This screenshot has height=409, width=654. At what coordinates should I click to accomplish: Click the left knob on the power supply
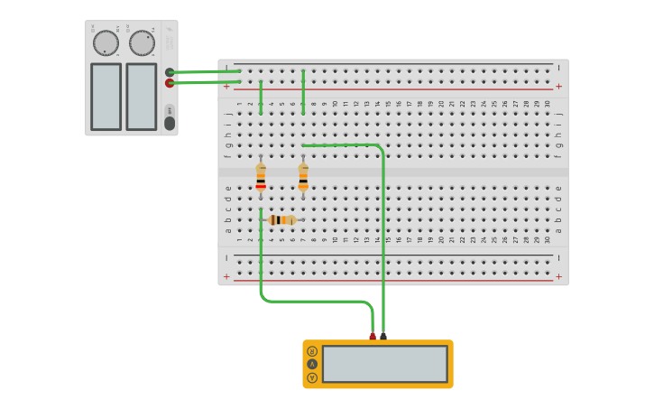pyautogui.click(x=106, y=42)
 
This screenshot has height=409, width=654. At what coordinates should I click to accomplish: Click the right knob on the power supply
pyautogui.click(x=142, y=42)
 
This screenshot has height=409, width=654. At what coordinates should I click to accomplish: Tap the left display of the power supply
pyautogui.click(x=106, y=96)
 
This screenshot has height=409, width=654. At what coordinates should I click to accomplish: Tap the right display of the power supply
pyautogui.click(x=141, y=96)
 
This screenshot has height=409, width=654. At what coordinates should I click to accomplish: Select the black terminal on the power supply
pyautogui.click(x=170, y=72)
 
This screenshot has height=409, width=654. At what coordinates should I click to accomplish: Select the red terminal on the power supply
pyautogui.click(x=170, y=83)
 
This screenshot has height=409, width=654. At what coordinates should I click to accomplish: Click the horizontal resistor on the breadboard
pyautogui.click(x=281, y=219)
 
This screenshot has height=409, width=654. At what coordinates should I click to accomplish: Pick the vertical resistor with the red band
pyautogui.click(x=261, y=176)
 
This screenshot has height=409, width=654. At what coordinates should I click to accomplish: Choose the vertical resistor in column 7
pyautogui.click(x=303, y=176)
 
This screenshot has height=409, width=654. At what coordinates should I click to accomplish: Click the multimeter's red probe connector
pyautogui.click(x=373, y=337)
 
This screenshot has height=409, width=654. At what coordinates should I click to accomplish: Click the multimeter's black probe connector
pyautogui.click(x=383, y=337)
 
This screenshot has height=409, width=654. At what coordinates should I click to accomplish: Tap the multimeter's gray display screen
pyautogui.click(x=385, y=364)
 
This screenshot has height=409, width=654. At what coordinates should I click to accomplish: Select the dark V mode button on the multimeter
pyautogui.click(x=312, y=364)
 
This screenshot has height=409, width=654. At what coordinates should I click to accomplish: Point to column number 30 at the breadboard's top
pyautogui.click(x=547, y=104)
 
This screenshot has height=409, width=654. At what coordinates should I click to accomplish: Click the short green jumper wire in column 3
pyautogui.click(x=261, y=98)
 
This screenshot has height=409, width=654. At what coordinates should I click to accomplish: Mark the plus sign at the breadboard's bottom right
pyautogui.click(x=558, y=276)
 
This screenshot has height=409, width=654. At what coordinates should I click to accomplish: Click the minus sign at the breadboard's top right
pyautogui.click(x=558, y=68)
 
